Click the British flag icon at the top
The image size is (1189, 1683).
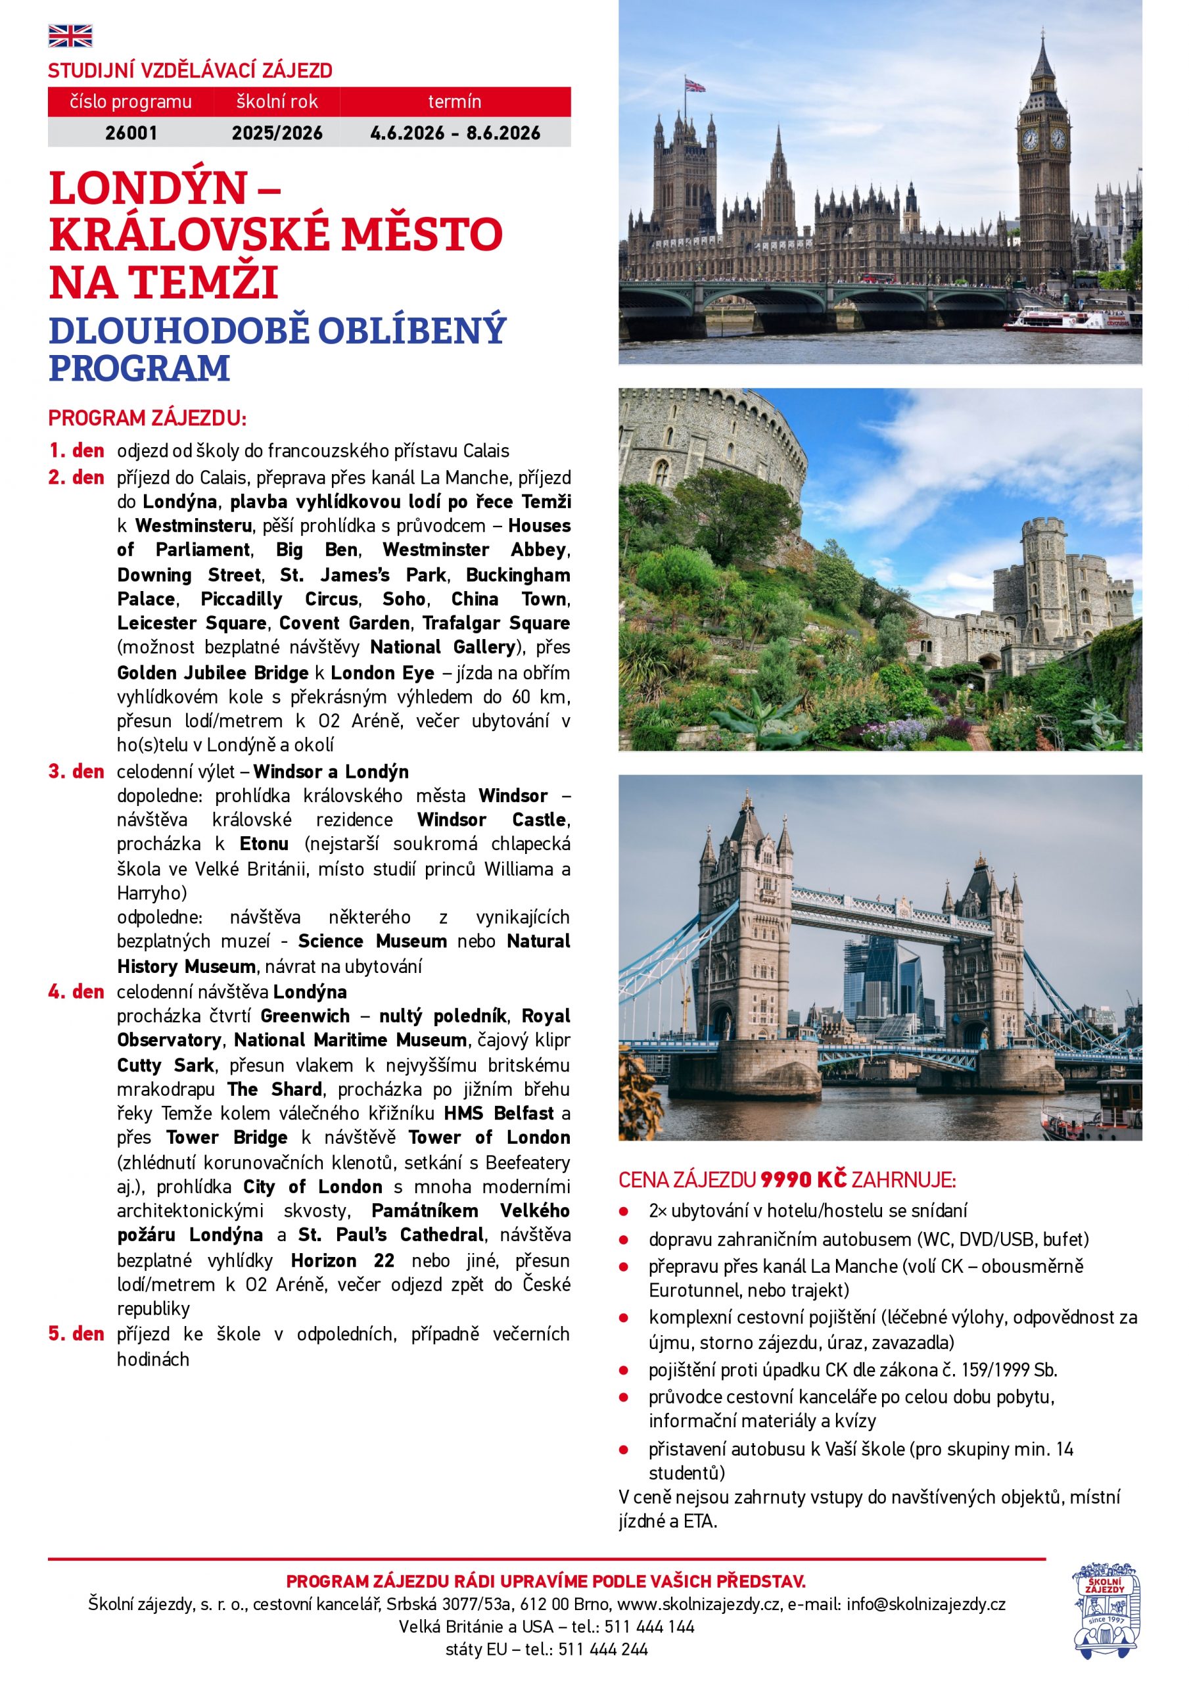point(70,36)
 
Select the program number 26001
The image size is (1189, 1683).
point(131,133)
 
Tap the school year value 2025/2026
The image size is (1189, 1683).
point(277,133)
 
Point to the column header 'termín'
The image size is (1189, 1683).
point(454,101)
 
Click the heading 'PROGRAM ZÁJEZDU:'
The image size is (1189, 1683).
point(147,419)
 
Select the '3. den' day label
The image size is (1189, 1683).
point(76,771)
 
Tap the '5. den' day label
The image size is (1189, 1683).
point(76,1333)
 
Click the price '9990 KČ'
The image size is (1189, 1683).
point(803,1179)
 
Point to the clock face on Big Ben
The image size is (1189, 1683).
point(1030,139)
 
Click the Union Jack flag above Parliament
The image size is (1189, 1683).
point(695,85)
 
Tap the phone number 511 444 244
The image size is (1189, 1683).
point(603,1649)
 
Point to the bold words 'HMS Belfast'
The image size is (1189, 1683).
point(498,1113)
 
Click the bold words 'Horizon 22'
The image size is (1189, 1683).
point(342,1260)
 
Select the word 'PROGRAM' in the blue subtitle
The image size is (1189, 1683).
point(140,368)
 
